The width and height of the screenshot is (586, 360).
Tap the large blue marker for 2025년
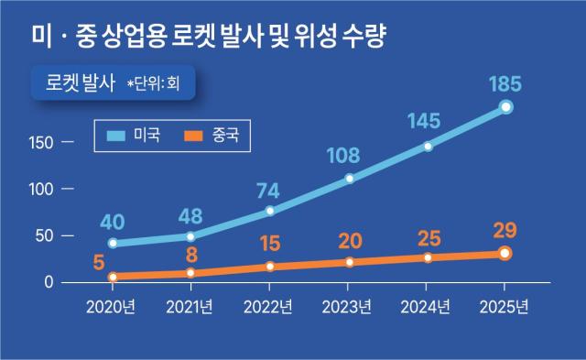point(505,108)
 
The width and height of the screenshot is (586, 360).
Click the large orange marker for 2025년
point(505,254)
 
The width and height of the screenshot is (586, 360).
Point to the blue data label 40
point(112,222)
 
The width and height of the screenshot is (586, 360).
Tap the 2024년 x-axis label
point(427,306)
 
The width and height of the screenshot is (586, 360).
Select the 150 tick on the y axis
point(39,143)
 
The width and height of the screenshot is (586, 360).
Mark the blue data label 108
point(349,156)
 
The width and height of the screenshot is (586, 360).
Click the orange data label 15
point(269,245)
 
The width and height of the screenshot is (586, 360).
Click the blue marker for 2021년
point(190,236)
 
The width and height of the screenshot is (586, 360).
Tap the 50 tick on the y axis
point(43,235)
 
